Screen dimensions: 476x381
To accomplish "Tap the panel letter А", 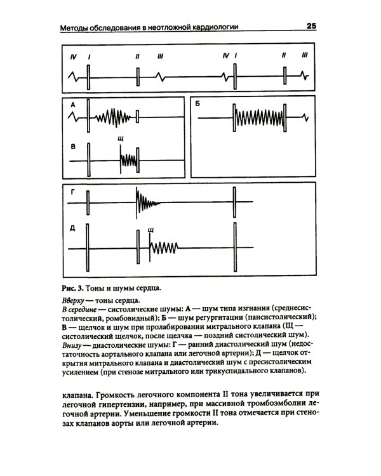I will click(x=73, y=103).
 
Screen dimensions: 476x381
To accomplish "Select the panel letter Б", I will click(x=198, y=103).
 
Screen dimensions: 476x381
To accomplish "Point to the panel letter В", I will click(x=73, y=147).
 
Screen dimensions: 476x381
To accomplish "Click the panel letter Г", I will click(x=73, y=191).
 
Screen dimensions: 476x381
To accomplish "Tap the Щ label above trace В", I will click(x=121, y=138).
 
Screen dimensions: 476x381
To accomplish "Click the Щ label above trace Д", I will click(x=150, y=230).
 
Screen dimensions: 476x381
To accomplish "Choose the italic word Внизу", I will click(x=74, y=343).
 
